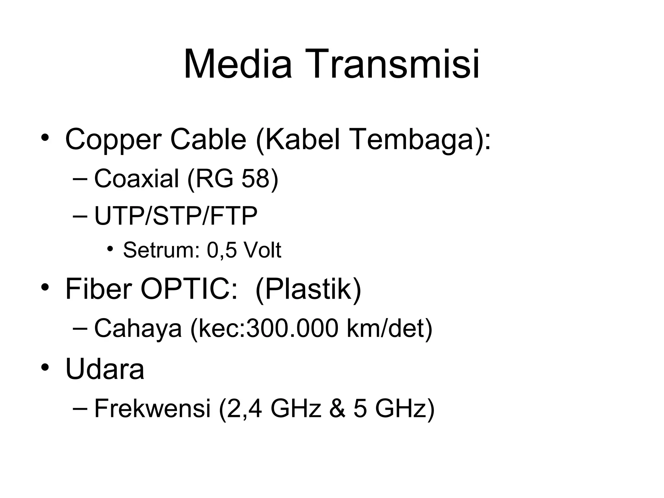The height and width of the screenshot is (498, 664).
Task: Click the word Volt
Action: (262, 250)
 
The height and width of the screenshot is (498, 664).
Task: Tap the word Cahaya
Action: (138, 328)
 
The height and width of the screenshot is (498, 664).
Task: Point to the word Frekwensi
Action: (152, 409)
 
